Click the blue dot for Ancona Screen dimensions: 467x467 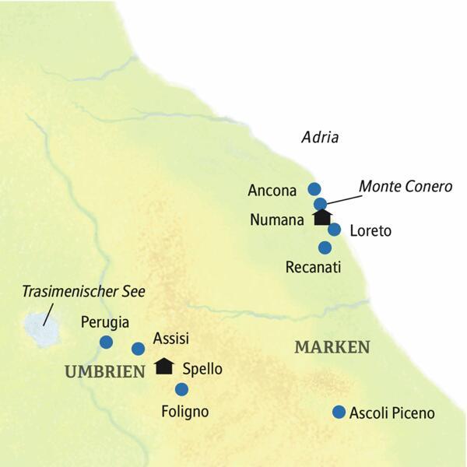pyautogui.click(x=314, y=188)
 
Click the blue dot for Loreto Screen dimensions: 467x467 pyautogui.click(x=334, y=230)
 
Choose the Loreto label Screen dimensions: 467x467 pyautogui.click(x=370, y=231)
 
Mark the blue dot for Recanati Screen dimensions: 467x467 pyautogui.click(x=325, y=248)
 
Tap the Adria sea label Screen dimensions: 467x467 pyautogui.click(x=320, y=138)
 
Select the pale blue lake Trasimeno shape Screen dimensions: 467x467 pyautogui.click(x=42, y=332)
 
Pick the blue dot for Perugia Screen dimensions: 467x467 pyautogui.click(x=107, y=342)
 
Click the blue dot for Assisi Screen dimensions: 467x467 pyautogui.click(x=138, y=348)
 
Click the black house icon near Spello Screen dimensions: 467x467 pyautogui.click(x=164, y=366)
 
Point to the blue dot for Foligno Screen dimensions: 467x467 pyautogui.click(x=181, y=389)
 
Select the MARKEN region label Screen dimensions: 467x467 pyautogui.click(x=332, y=347)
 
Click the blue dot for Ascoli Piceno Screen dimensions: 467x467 pyautogui.click(x=339, y=412)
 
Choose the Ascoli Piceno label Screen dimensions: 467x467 pyautogui.click(x=392, y=413)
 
